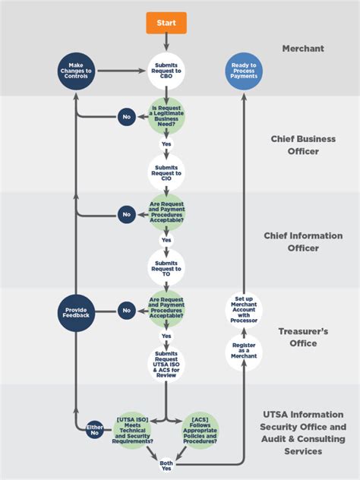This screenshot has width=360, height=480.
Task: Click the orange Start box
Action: pyautogui.click(x=166, y=24)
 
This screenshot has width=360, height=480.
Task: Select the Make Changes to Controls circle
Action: pyautogui.click(x=75, y=71)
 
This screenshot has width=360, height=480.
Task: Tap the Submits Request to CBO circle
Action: pyautogui.click(x=166, y=71)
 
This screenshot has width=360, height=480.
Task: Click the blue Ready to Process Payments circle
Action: pyautogui.click(x=244, y=71)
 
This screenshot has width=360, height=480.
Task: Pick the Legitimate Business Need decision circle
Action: pyautogui.click(x=166, y=117)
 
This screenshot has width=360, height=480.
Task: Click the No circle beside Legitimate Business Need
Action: pyautogui.click(x=127, y=117)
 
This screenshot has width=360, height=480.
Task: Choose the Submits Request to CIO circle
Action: pyautogui.click(x=166, y=172)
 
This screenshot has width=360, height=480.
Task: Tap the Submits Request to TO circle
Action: pyautogui.click(x=166, y=265)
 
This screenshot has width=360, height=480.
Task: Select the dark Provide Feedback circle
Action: pyautogui.click(x=75, y=311)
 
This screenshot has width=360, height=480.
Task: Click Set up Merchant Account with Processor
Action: pyautogui.click(x=244, y=310)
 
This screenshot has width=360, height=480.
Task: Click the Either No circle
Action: pyautogui.click(x=94, y=429)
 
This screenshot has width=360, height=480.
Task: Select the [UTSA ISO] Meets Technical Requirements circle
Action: pyautogui.click(x=134, y=431)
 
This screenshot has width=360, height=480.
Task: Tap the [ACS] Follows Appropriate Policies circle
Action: pyautogui.click(x=201, y=431)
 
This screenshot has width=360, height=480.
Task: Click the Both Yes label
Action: pyautogui.click(x=166, y=465)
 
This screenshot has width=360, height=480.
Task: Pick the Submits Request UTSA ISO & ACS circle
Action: pyautogui.click(x=166, y=363)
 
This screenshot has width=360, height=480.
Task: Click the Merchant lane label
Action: pyautogui.click(x=302, y=49)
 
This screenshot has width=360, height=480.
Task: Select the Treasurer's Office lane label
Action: pyautogui.click(x=303, y=337)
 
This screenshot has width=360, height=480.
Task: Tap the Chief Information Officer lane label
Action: pyautogui.click(x=303, y=242)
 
